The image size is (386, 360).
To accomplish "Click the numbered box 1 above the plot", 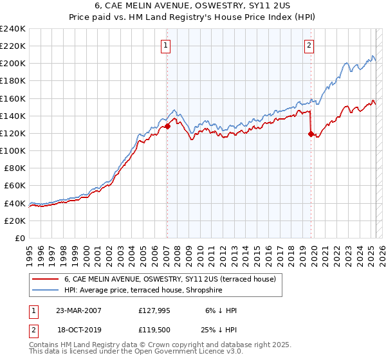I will (166, 45).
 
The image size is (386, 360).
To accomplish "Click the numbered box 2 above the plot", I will (309, 45).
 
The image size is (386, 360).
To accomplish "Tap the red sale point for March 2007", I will (167, 127).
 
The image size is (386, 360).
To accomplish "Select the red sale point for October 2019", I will (311, 134).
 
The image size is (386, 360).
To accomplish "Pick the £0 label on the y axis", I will (21, 238).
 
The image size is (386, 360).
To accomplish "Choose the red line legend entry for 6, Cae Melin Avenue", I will (170, 279).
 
